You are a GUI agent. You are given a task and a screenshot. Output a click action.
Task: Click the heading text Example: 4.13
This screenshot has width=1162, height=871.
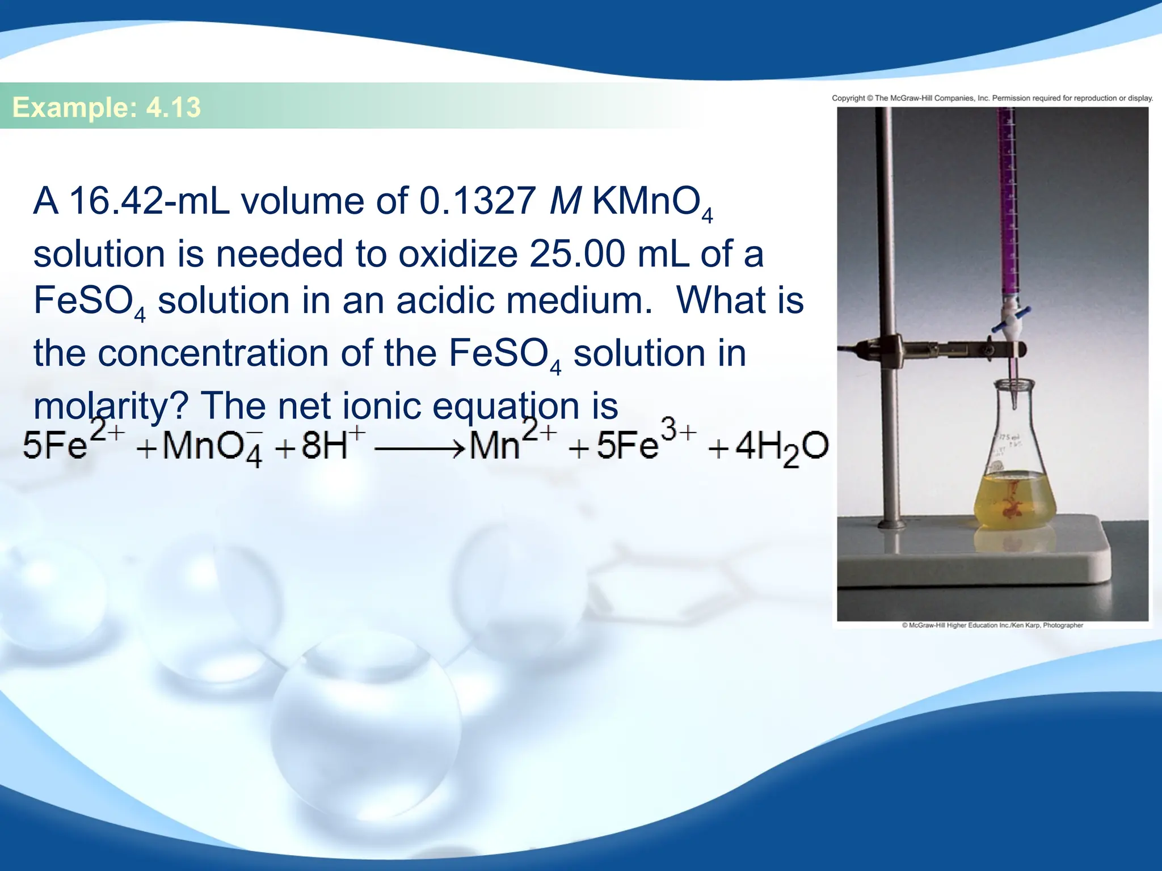[107, 107]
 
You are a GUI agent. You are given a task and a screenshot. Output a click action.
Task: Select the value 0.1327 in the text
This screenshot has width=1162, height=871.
[477, 201]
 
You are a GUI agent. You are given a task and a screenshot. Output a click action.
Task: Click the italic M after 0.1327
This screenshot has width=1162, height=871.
[566, 201]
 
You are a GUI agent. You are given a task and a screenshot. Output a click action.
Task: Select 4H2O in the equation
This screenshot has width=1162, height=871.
[781, 447]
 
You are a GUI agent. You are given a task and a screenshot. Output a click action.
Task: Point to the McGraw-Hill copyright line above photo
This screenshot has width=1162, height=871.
[992, 98]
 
